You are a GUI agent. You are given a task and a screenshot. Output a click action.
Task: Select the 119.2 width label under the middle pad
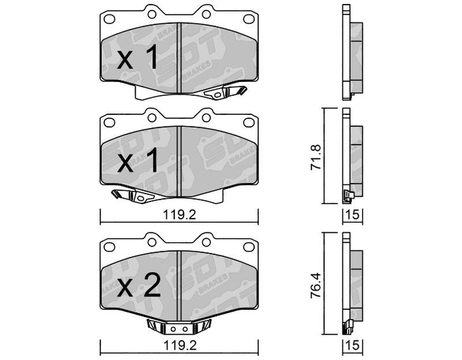pos(180,215)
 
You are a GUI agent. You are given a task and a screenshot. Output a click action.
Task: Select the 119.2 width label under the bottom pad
pos(180,346)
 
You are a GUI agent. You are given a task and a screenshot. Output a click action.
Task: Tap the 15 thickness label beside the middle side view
pos(353,215)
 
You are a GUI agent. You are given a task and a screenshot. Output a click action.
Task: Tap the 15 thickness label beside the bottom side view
pos(353,346)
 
